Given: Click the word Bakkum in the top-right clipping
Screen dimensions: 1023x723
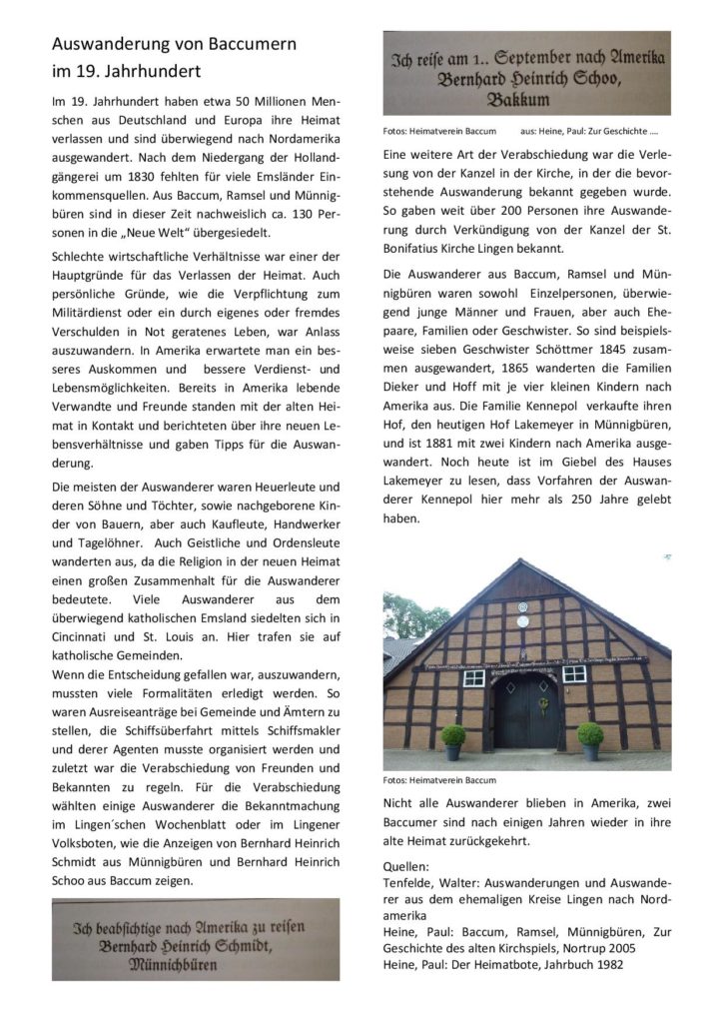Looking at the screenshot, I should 526,100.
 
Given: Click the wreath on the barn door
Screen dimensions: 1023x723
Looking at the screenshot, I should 542,702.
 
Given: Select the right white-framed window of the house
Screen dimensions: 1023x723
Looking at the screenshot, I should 574,674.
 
